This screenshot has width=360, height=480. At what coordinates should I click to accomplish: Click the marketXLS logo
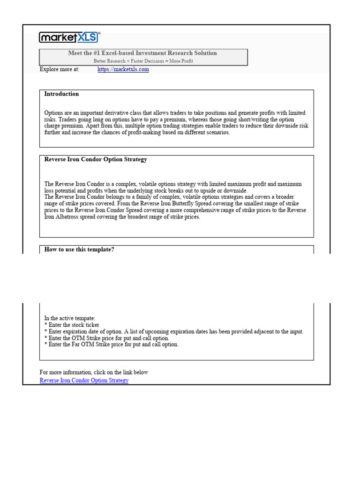(x=69, y=37)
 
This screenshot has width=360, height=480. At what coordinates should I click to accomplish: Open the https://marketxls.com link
(x=123, y=69)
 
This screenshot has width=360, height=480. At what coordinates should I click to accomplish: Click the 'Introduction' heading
(x=61, y=94)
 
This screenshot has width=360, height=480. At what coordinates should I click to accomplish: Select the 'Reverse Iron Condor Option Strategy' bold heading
(x=96, y=159)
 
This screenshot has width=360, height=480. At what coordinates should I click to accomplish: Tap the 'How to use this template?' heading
(x=79, y=249)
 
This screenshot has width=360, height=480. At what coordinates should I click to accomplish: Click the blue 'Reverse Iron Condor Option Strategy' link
(x=84, y=380)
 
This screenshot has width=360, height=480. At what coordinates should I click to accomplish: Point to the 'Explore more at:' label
(x=60, y=69)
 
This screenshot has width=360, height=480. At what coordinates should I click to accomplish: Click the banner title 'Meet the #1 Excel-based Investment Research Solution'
(x=142, y=53)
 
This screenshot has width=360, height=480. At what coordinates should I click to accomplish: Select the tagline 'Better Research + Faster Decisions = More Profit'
(x=143, y=61)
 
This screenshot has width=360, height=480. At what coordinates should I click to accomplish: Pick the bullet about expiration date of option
(x=173, y=331)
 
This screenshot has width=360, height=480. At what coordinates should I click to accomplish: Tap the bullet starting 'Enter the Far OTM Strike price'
(x=111, y=345)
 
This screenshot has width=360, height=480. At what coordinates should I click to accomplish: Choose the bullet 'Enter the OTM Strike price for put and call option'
(x=106, y=338)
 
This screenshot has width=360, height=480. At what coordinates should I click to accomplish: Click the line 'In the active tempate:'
(x=69, y=318)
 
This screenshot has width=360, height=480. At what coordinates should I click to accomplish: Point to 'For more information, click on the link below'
(x=94, y=372)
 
